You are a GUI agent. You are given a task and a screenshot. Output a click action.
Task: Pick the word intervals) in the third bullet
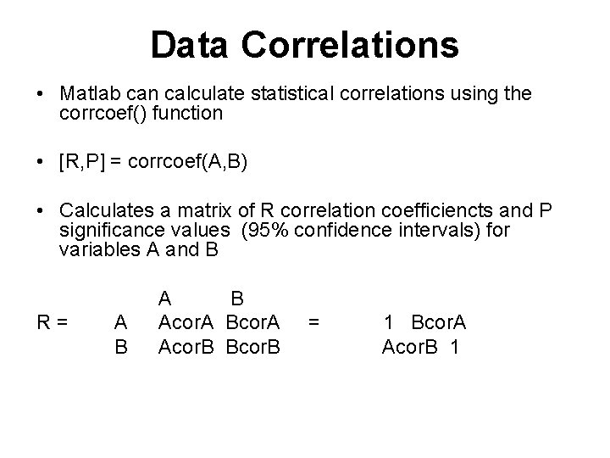tap(463, 231)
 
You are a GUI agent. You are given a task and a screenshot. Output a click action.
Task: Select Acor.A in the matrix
tap(188, 322)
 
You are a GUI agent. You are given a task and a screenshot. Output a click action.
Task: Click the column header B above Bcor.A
tap(238, 299)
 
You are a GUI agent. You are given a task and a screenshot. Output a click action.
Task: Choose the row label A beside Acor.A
tap(121, 322)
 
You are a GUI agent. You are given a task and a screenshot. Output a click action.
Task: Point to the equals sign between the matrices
tap(314, 322)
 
